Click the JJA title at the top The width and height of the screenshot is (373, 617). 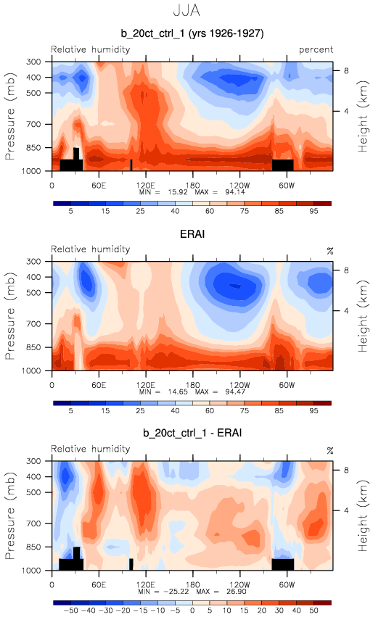pyautogui.click(x=186, y=10)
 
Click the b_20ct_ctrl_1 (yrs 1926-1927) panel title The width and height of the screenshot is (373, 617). pyautogui.click(x=192, y=33)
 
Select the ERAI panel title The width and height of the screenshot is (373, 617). pyautogui.click(x=192, y=234)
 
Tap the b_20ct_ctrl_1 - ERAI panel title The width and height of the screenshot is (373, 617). pyautogui.click(x=192, y=434)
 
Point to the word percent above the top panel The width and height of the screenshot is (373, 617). pyautogui.click(x=316, y=50)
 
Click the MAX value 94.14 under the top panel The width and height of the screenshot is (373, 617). pyautogui.click(x=234, y=192)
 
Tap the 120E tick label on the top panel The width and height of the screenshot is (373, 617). pyautogui.click(x=146, y=186)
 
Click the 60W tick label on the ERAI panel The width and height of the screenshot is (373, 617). pyautogui.click(x=287, y=385)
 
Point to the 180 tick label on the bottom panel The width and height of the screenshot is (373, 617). pyautogui.click(x=192, y=584)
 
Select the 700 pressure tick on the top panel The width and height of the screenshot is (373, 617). pyautogui.click(x=33, y=125)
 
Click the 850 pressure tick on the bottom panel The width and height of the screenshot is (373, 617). pyautogui.click(x=33, y=547)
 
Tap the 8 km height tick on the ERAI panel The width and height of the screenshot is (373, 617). pyautogui.click(x=346, y=270)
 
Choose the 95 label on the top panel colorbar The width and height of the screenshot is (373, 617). pyautogui.click(x=313, y=211)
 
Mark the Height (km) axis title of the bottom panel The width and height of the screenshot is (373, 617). pyautogui.click(x=362, y=515)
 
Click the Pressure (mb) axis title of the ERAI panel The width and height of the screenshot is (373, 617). pyautogui.click(x=10, y=315)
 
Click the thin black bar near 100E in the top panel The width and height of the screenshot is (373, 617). pyautogui.click(x=131, y=165)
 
